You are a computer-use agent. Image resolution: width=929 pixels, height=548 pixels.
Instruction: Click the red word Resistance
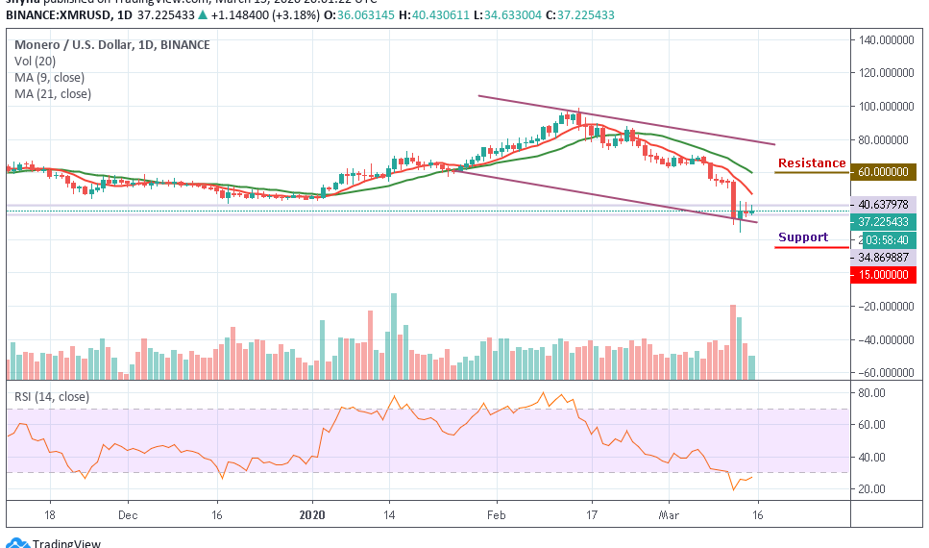point(812,163)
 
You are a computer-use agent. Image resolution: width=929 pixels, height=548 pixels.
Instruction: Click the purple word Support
point(802,237)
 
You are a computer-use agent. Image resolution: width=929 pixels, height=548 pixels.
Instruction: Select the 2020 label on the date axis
point(314,514)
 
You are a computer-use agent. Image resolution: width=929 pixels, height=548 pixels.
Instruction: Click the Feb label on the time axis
point(497,514)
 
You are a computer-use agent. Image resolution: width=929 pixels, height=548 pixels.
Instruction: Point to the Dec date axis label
point(128,514)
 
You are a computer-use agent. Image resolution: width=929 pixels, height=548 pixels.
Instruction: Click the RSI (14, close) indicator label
point(52,395)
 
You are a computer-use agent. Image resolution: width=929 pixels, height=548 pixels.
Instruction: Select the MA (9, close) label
point(50,78)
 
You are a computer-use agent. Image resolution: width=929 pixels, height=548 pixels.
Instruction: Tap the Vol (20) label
point(36,62)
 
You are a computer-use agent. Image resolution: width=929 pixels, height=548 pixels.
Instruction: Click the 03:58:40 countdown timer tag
point(889,239)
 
